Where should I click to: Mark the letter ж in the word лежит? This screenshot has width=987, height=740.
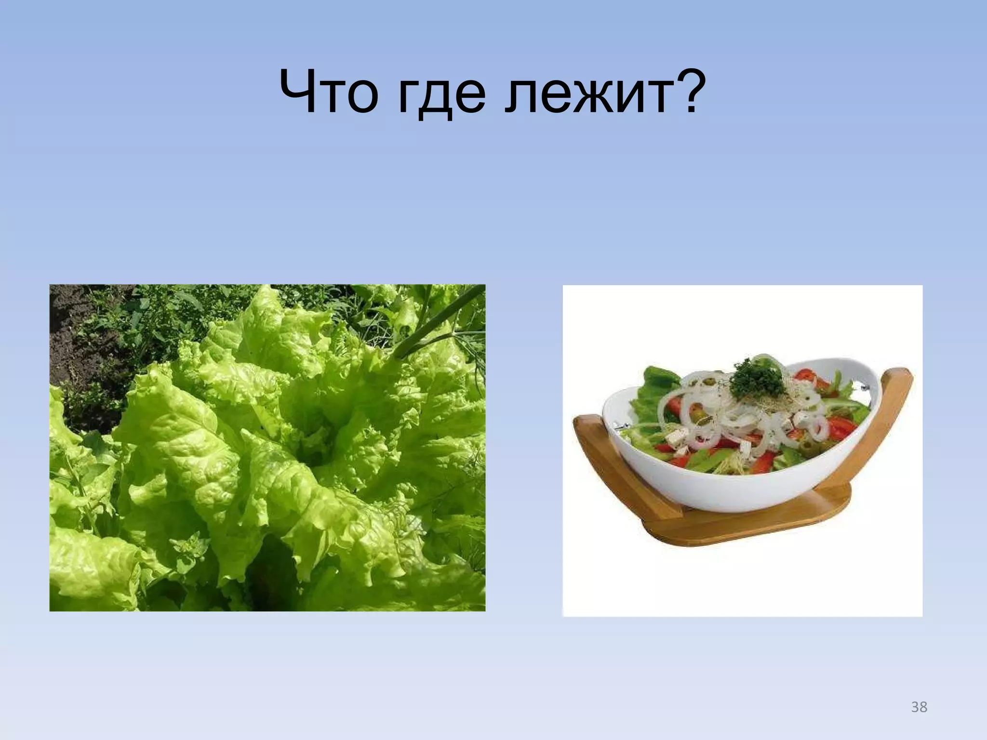click(x=585, y=96)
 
